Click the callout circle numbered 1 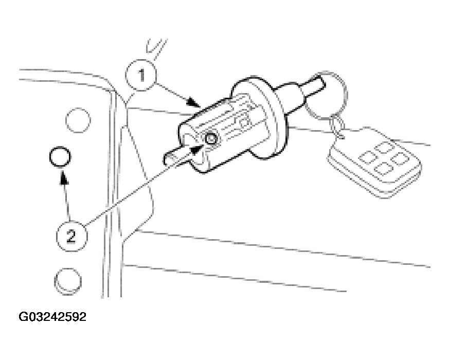[x=141, y=75]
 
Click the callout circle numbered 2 [x=71, y=236]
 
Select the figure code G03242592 [x=52, y=317]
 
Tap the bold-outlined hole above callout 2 [x=60, y=156]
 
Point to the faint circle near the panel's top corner [x=78, y=120]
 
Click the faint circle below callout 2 [x=68, y=281]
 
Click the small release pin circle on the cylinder [x=211, y=139]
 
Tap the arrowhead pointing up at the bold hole [x=64, y=178]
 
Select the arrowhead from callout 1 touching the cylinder [x=193, y=102]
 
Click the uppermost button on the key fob [x=385, y=148]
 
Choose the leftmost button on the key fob [x=368, y=157]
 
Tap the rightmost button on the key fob [x=400, y=159]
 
